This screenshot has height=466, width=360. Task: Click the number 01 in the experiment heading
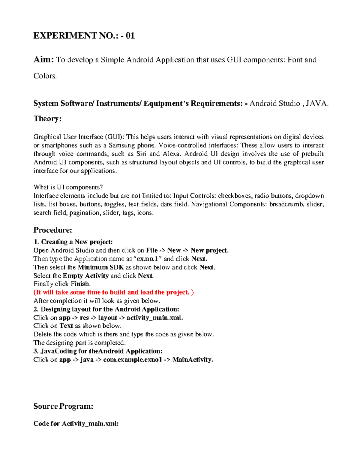pos(130,36)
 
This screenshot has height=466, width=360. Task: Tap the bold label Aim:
pos(43,60)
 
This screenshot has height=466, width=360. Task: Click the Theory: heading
pos(47,119)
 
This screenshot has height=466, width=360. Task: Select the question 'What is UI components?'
pos(68,187)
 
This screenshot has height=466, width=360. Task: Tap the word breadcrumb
pos(286,204)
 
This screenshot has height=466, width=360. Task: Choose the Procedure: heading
pos(53,230)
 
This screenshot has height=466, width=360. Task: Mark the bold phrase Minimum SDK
pos(100,267)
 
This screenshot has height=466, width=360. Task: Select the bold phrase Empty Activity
pos(85,275)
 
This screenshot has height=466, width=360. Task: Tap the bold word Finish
pos(80,284)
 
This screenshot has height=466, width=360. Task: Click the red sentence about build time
pos(113,292)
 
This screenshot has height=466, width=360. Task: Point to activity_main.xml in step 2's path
pos(154,317)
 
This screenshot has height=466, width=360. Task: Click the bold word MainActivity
pos(192,359)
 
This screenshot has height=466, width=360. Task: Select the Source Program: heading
pos(63,406)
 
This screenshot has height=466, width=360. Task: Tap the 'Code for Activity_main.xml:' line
pos(76,423)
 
